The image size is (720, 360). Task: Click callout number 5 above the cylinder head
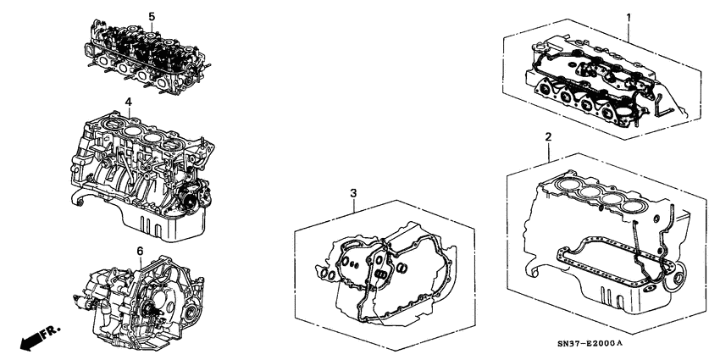click(x=152, y=16)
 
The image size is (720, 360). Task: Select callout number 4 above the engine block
click(x=128, y=102)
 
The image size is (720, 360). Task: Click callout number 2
click(x=548, y=136)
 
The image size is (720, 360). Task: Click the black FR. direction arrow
click(x=29, y=341)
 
